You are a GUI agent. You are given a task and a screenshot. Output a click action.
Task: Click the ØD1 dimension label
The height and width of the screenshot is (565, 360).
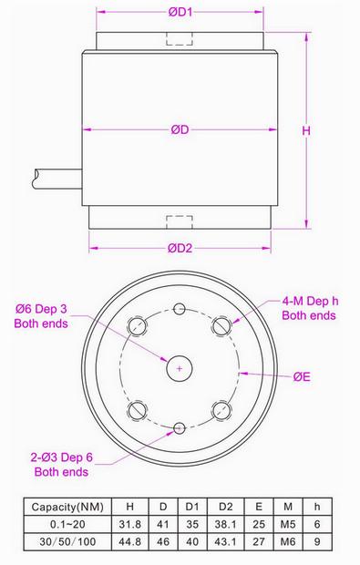point(180,12)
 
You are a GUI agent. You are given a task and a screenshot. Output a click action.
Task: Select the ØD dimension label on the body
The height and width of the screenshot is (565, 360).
point(180,129)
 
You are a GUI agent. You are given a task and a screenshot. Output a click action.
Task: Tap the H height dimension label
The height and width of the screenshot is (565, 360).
point(306,130)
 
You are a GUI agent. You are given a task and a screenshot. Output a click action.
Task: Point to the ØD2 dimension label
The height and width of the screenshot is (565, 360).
point(180,248)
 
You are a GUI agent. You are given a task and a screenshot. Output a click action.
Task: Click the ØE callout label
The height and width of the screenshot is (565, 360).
point(302,377)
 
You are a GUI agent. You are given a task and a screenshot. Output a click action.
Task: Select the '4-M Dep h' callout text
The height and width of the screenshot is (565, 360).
point(310,301)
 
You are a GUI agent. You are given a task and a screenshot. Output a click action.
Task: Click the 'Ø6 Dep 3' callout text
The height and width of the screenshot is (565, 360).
point(41,309)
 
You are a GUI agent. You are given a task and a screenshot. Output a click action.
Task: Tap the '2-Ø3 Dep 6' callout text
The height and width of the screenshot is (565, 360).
point(62,457)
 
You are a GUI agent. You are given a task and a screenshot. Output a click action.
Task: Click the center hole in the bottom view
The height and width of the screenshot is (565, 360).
point(180,368)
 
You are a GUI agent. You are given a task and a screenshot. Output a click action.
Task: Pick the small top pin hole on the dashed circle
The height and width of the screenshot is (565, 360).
point(180,309)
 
